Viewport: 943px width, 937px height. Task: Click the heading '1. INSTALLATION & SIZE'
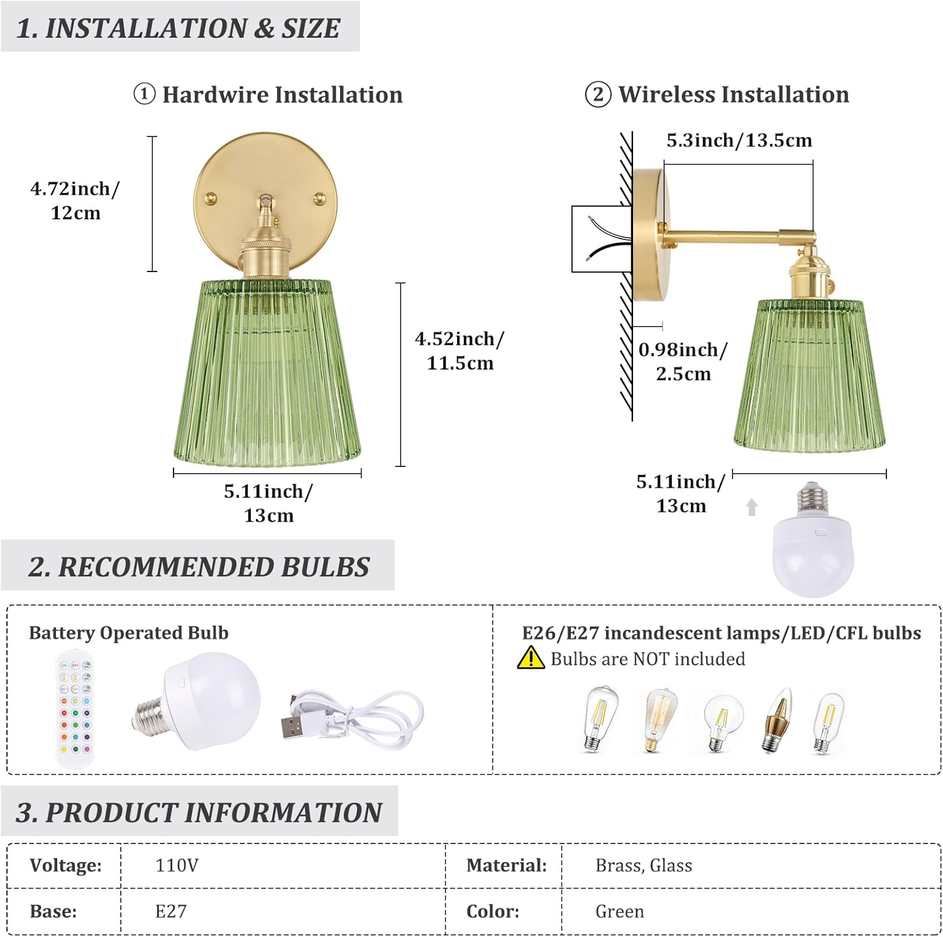point(179,28)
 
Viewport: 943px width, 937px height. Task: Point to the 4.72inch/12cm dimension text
point(75,200)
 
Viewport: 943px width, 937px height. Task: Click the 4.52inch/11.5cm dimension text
point(460,351)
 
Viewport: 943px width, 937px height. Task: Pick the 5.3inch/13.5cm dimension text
point(739,140)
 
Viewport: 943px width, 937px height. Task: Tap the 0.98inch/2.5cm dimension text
point(683,361)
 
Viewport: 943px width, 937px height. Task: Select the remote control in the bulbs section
point(75,709)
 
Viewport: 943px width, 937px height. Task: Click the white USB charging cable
point(352,716)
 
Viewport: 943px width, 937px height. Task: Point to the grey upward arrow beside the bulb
point(751,507)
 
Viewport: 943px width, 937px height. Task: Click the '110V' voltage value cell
point(177,865)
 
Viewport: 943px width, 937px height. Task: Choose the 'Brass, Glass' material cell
point(643,865)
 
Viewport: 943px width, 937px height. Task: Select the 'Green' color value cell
point(619,911)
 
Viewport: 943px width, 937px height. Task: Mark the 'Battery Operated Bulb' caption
point(129,633)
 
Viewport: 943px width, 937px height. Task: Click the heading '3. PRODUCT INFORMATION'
point(199,812)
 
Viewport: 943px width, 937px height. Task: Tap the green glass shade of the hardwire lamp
point(267,374)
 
